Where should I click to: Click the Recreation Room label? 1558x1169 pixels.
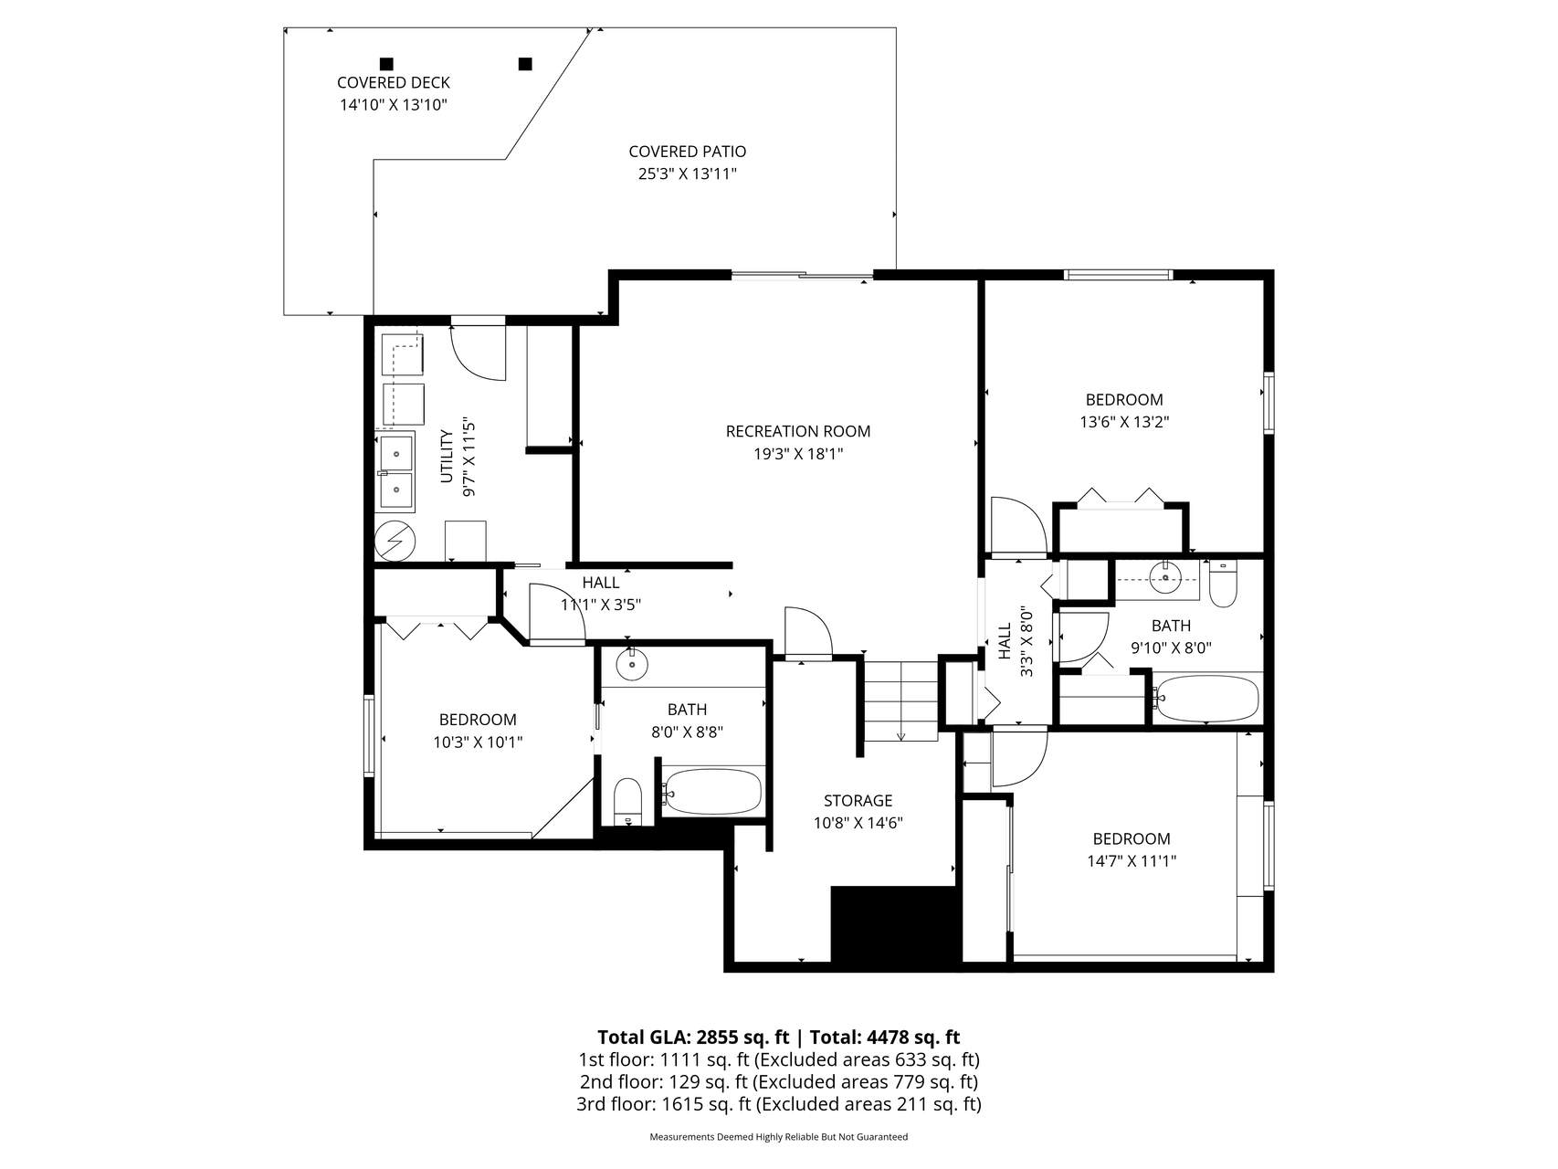tap(797, 431)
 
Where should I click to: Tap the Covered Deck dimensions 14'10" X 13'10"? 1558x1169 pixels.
tap(393, 105)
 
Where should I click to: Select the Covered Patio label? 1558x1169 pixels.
tap(687, 152)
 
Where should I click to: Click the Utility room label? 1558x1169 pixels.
tap(447, 457)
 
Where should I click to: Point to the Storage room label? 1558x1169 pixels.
tap(858, 801)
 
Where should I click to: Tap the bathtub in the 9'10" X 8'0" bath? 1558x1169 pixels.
tap(1206, 699)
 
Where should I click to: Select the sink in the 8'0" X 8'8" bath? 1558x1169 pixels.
tap(631, 664)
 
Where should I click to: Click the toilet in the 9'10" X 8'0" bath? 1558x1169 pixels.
tap(1222, 584)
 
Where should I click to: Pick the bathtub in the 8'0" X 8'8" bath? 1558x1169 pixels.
tap(712, 792)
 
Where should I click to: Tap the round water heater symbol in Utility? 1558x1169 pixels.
tap(395, 541)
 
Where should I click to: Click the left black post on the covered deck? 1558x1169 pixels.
tap(386, 64)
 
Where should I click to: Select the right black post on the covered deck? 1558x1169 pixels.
tap(525, 64)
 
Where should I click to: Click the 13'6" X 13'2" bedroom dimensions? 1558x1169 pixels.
tap(1124, 422)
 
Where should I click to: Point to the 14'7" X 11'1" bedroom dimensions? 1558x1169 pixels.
tap(1132, 860)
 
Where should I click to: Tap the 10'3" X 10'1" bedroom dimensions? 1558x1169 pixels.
tap(478, 742)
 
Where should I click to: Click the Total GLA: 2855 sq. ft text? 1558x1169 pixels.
tap(693, 1037)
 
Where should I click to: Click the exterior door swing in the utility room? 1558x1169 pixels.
tap(479, 353)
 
